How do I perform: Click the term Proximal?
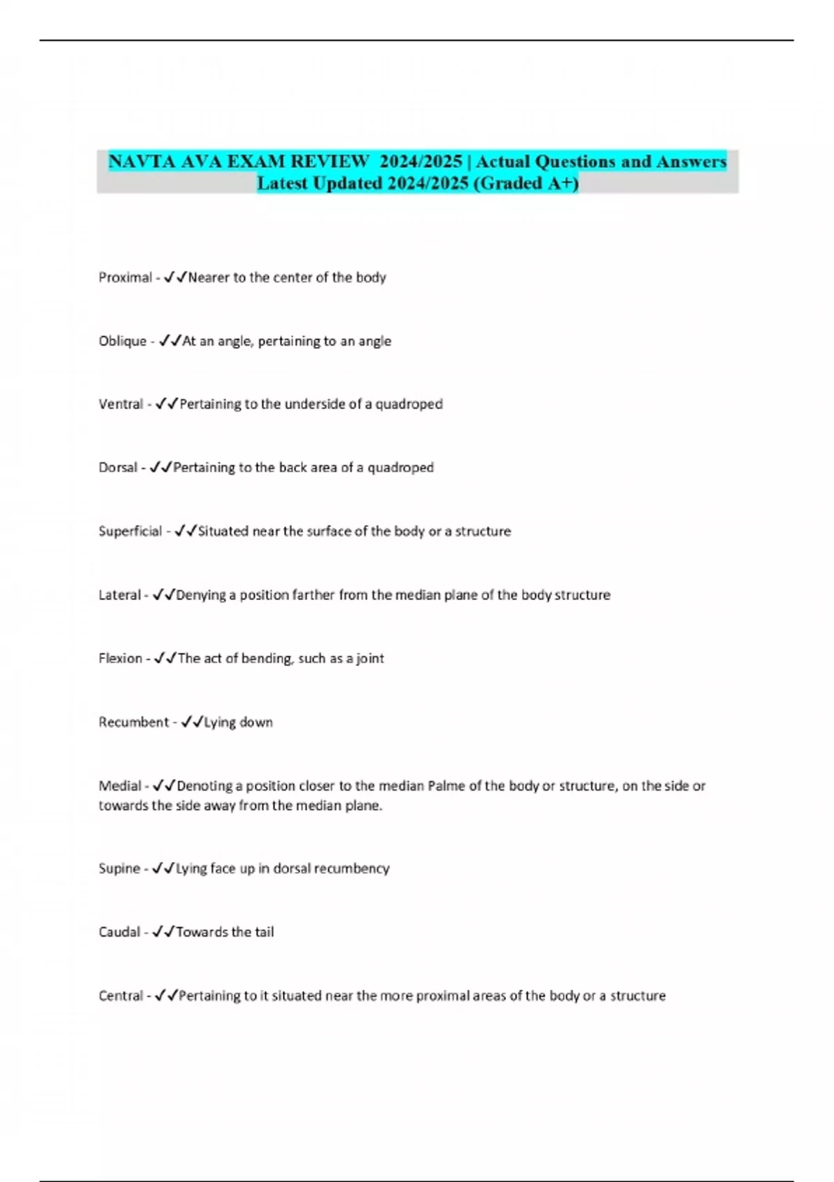125,277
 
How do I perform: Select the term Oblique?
122,341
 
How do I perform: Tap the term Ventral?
120,404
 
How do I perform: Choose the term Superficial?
130,531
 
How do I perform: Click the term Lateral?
120,595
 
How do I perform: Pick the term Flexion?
120,658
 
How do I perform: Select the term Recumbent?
133,722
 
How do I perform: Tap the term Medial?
120,786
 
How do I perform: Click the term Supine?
119,868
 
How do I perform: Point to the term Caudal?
119,932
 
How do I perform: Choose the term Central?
120,996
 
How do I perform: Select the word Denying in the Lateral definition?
201,595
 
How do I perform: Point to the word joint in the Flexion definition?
370,658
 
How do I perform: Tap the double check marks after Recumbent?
191,722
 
